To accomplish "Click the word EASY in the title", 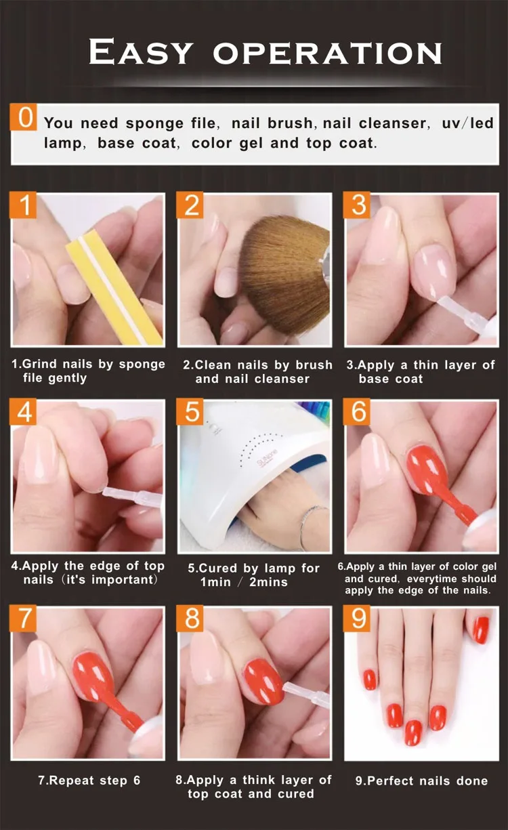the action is (141, 51).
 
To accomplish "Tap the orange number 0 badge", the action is (23, 117).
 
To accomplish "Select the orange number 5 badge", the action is (190, 411).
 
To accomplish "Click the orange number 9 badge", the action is (357, 618).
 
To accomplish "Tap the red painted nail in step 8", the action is (263, 681).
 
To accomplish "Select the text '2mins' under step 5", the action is (268, 582).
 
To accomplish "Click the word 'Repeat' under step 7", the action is (71, 781).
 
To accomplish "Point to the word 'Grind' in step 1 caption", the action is (39, 364).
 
